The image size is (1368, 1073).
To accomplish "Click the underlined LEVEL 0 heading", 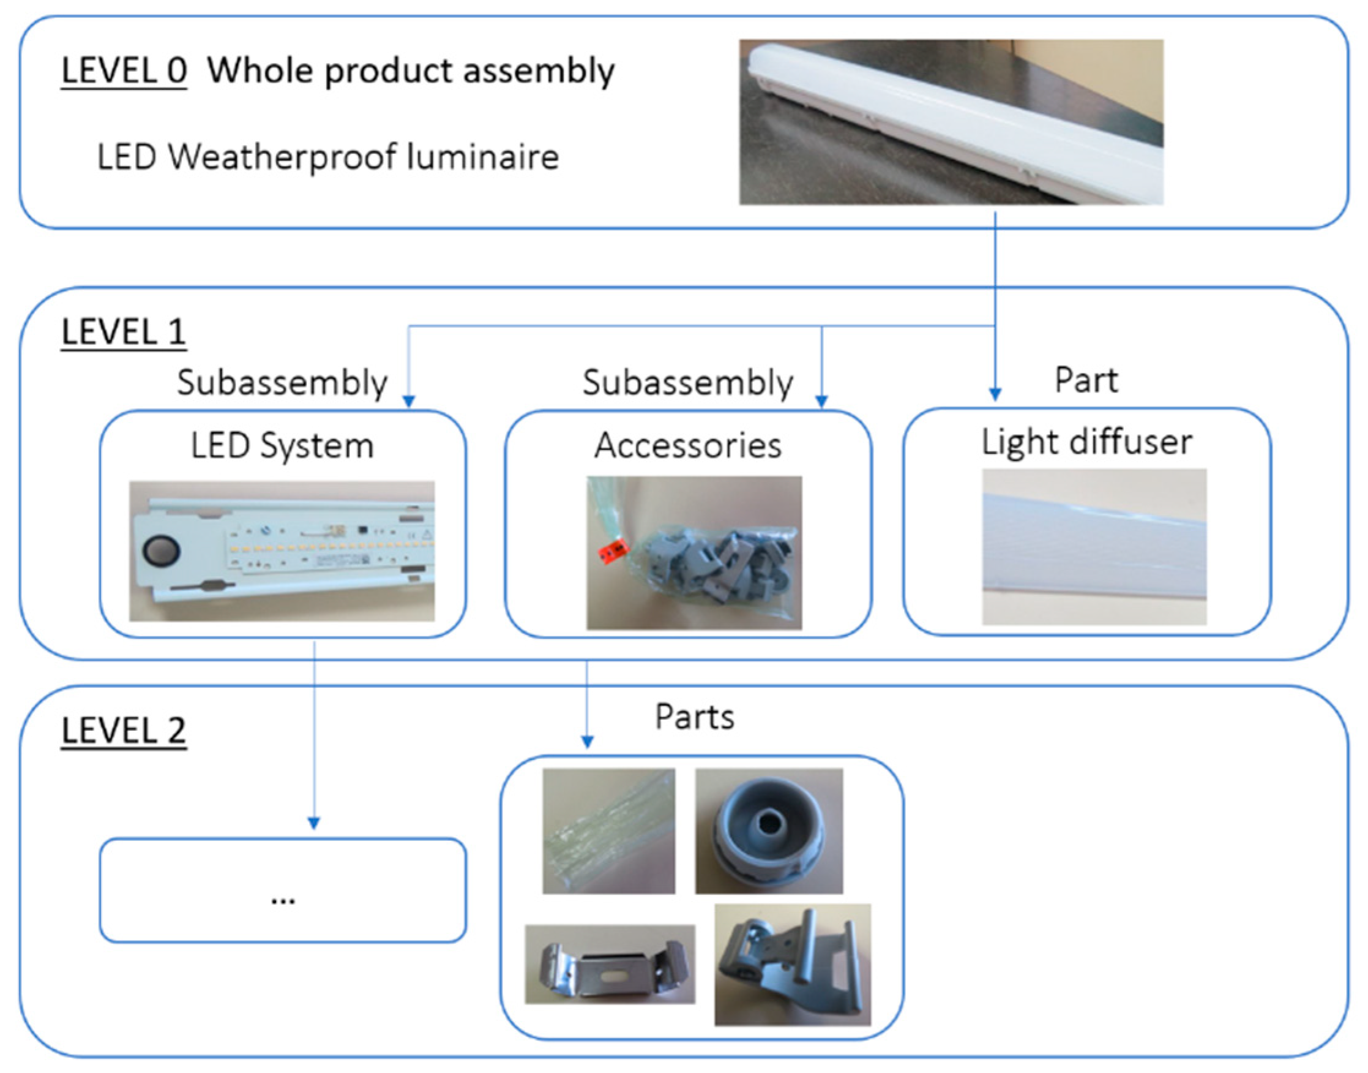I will click(x=124, y=70).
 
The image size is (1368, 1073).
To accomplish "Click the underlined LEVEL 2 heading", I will click(x=124, y=731).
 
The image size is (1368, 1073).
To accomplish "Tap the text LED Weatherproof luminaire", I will click(x=327, y=157).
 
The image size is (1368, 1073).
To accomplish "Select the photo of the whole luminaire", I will click(x=951, y=122).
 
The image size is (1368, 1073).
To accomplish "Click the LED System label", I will click(x=282, y=446).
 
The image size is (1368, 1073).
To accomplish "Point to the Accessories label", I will click(x=687, y=446).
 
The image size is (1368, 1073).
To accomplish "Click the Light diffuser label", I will click(x=1086, y=442).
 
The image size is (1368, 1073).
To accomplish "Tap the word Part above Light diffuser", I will click(x=1085, y=381).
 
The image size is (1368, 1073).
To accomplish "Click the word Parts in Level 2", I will click(x=694, y=717).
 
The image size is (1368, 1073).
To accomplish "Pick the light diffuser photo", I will click(x=1094, y=546).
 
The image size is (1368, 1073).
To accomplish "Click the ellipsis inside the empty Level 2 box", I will click(x=283, y=900).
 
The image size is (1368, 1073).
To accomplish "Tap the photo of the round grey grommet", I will click(x=768, y=830).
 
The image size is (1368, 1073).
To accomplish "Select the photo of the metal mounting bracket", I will click(x=610, y=964).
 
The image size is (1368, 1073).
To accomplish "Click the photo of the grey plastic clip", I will click(x=792, y=965).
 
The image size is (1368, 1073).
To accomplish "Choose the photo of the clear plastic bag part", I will click(x=608, y=830).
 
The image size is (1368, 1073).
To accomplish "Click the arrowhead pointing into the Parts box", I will click(x=587, y=742).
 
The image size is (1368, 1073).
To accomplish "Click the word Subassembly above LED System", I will click(x=282, y=383).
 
